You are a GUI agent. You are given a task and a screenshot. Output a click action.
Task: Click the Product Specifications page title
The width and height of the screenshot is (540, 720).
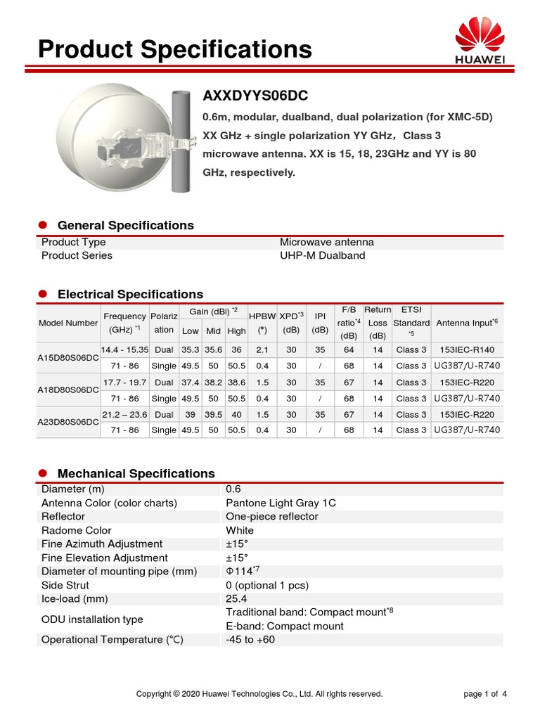(174, 49)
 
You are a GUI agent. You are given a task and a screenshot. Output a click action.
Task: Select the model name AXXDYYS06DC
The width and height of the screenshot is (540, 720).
(255, 96)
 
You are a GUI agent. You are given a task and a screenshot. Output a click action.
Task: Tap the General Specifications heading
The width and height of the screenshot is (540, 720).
(125, 226)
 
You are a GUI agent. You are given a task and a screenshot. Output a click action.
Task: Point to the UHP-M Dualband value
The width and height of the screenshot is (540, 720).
(322, 255)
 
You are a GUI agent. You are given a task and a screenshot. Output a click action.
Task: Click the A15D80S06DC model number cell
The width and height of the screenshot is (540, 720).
(67, 358)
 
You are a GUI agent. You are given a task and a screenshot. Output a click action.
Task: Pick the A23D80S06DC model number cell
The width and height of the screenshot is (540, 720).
(67, 422)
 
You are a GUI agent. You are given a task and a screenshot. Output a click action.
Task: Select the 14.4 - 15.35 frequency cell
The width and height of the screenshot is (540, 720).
(124, 349)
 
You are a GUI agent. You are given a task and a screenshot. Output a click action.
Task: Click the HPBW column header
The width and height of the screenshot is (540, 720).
(262, 317)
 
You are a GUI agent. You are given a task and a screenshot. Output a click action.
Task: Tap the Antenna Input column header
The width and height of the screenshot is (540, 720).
(466, 323)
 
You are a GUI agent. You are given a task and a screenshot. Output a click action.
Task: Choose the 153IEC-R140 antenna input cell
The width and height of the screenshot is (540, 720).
(467, 349)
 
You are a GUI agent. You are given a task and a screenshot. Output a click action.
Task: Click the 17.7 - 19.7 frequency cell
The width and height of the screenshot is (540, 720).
(124, 382)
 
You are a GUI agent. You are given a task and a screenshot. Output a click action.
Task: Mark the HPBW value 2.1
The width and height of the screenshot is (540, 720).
(262, 349)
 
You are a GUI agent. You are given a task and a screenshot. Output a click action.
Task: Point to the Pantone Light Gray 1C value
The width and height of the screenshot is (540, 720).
(281, 503)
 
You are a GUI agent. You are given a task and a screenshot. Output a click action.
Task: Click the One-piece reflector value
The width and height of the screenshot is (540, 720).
(271, 516)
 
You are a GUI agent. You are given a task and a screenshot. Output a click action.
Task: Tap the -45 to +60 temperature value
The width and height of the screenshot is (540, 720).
(251, 640)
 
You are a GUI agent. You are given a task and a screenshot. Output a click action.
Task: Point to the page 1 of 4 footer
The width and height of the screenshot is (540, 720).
(485, 694)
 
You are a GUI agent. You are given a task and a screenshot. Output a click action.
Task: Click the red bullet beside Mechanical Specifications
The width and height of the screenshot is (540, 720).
(42, 473)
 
